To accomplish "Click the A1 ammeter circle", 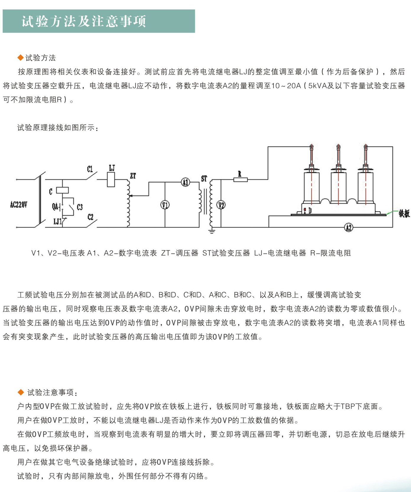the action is tap(185, 182).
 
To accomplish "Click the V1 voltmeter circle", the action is tap(165, 205).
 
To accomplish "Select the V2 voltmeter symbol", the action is tap(221, 205).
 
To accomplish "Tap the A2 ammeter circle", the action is tap(349, 227).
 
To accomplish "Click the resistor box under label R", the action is tap(241, 179).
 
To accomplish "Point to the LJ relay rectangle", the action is tap(111, 179).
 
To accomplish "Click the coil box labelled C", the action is tap(62, 190).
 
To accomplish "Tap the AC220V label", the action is tap(19, 204).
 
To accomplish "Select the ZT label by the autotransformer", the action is tap(133, 176).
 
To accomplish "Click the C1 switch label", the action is tap(90, 169).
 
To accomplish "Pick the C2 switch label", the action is tap(90, 217).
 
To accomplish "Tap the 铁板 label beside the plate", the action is tap(404, 213).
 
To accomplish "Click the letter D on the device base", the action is tap(310, 211).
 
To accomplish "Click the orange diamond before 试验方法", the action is tap(20, 58).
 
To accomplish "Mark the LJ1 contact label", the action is tap(57, 221).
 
